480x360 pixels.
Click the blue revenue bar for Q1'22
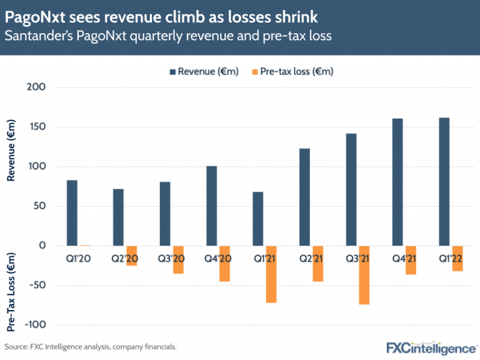(444, 181)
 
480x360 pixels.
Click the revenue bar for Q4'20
(212, 206)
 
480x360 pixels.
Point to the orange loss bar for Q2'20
(131, 256)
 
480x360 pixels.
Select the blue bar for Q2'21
(305, 197)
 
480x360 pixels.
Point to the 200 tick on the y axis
(38, 87)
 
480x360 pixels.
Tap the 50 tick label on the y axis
(41, 206)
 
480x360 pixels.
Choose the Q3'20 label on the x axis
(171, 257)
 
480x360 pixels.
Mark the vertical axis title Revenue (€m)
(11, 151)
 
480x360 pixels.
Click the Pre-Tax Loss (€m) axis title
(11, 291)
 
